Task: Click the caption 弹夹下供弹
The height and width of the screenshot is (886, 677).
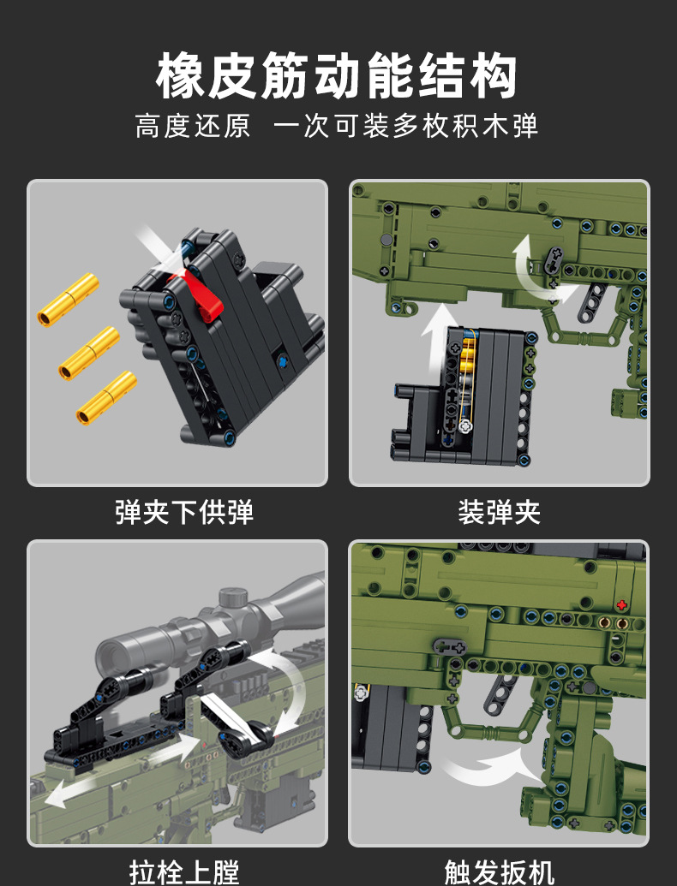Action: pos(184,512)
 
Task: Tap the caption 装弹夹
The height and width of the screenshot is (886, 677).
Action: pos(499,512)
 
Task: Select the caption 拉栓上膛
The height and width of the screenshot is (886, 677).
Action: pos(184,871)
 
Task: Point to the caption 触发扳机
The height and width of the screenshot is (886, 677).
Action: pos(499,871)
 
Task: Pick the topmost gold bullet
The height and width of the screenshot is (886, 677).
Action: pos(68,299)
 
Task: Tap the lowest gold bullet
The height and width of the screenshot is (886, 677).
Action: pos(106,398)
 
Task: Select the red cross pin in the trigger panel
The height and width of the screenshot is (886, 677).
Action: pos(621,604)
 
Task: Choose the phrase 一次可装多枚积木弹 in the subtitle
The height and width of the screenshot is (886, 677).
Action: pos(404,126)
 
